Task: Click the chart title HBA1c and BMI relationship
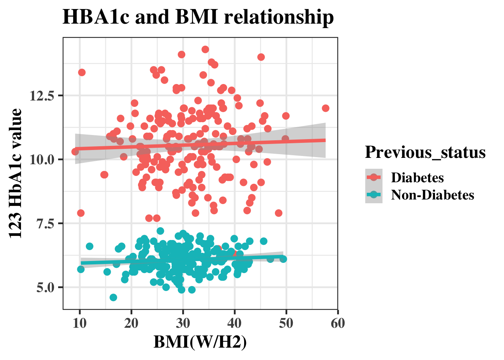pyautogui.click(x=198, y=17)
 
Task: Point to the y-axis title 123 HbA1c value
pyautogui.click(x=15, y=173)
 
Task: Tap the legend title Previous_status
pyautogui.click(x=425, y=152)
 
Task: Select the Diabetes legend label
pyautogui.click(x=417, y=177)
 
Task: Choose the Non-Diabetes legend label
pyautogui.click(x=432, y=195)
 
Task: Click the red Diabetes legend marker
pyautogui.click(x=373, y=177)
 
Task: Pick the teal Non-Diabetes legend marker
pyautogui.click(x=373, y=195)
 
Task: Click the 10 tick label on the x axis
pyautogui.click(x=79, y=323)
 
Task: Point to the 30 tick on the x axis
pyautogui.click(x=183, y=323)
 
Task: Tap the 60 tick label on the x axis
pyautogui.click(x=338, y=323)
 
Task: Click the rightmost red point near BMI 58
pyautogui.click(x=325, y=108)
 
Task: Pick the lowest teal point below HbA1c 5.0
pyautogui.click(x=113, y=297)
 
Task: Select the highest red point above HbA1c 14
pyautogui.click(x=205, y=49)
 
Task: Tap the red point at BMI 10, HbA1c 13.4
pyautogui.click(x=82, y=72)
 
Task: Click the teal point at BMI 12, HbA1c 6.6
pyautogui.click(x=90, y=246)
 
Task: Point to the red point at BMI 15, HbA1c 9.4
pyautogui.click(x=104, y=175)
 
